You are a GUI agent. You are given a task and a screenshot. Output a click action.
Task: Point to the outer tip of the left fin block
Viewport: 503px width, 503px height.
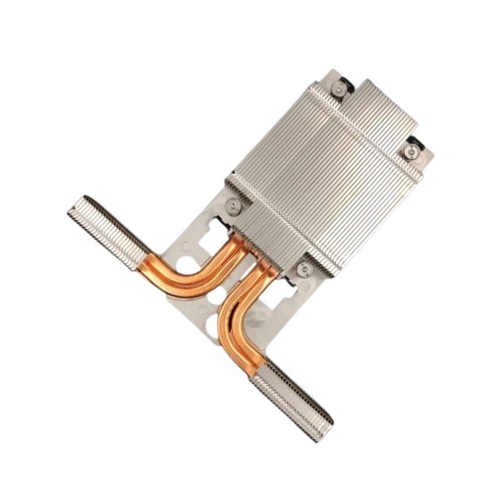71,207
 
